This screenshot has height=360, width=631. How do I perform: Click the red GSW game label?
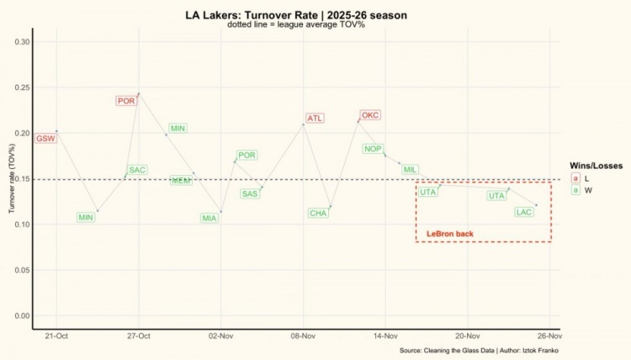(x=45, y=138)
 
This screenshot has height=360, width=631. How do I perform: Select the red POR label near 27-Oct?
(x=126, y=101)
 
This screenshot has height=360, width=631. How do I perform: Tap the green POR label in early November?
(x=247, y=155)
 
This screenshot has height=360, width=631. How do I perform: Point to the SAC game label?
(x=137, y=170)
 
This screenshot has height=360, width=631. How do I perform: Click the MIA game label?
(x=209, y=218)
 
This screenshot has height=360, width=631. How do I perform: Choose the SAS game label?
(x=250, y=194)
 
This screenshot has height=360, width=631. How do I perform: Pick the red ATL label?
(x=315, y=119)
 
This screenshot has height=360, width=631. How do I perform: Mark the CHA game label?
(x=318, y=213)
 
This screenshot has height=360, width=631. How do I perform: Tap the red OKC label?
(x=370, y=115)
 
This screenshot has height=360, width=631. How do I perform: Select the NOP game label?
(x=373, y=149)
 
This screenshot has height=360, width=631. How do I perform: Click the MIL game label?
(x=410, y=170)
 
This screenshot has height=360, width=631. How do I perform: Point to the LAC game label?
(x=524, y=212)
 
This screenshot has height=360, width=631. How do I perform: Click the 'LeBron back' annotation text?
(x=450, y=233)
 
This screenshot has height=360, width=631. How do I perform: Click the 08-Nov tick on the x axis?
(x=303, y=336)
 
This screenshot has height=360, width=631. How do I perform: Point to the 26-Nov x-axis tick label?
(x=549, y=336)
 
